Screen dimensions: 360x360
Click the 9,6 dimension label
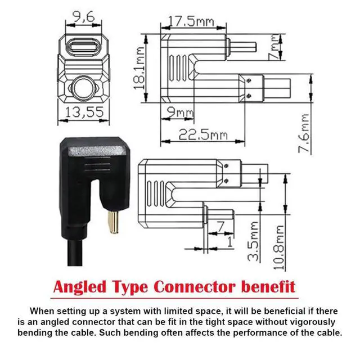84,16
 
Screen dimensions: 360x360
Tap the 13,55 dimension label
84,112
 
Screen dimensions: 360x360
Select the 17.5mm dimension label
191,21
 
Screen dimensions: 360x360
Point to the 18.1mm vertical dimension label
139,68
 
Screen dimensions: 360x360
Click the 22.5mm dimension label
203,134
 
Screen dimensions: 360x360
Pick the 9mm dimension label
180,112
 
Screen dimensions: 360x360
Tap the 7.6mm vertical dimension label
304,133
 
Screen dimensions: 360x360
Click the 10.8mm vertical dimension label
279,247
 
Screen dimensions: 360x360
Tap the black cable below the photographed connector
75,252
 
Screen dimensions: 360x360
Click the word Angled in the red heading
80,287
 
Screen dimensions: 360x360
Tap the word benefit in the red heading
268,286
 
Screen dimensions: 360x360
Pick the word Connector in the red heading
195,287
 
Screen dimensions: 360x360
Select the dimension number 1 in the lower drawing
230,242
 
